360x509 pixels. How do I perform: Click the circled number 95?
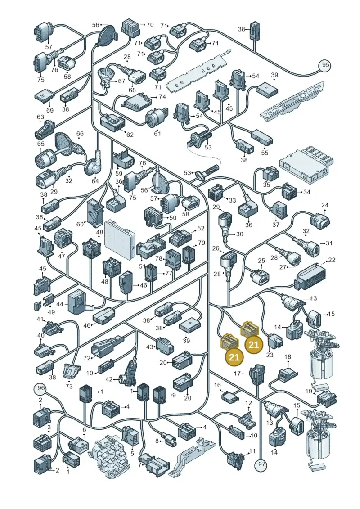(x=326, y=65)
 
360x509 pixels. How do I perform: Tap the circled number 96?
(x=40, y=388)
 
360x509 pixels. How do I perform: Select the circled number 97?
(x=261, y=464)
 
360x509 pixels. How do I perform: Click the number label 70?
(x=150, y=25)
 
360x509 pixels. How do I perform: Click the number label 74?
(x=162, y=97)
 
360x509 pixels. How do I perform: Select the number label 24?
(x=324, y=205)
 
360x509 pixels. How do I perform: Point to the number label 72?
(x=87, y=358)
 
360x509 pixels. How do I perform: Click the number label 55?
(x=265, y=152)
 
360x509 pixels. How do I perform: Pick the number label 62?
(x=130, y=134)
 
